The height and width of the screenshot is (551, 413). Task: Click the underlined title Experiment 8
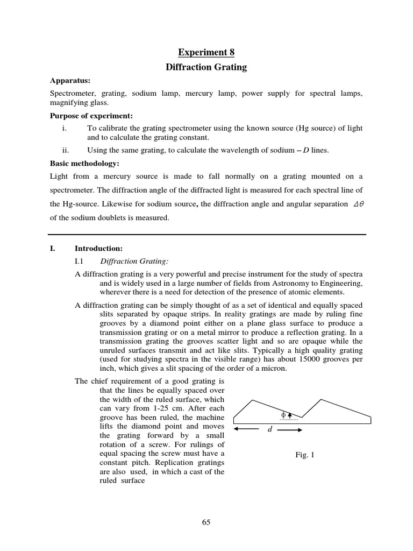click(206, 52)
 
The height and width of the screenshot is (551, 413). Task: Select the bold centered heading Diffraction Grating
click(206, 67)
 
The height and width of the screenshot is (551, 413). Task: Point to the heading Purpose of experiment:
click(91, 116)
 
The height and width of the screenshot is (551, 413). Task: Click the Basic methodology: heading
click(84, 163)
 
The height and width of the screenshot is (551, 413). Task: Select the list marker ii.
click(66, 151)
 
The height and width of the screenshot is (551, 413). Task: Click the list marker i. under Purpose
click(65, 128)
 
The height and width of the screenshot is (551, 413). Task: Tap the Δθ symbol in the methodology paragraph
click(358, 204)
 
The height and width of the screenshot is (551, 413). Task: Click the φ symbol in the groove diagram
click(283, 415)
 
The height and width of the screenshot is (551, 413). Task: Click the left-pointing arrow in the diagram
click(247, 429)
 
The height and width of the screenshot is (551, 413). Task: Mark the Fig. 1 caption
click(305, 455)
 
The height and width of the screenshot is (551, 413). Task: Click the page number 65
click(206, 522)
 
